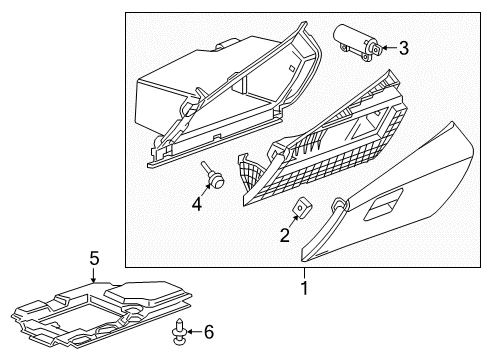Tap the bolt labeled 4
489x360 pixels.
pos(211,175)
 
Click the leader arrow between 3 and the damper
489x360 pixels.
pos(388,46)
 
